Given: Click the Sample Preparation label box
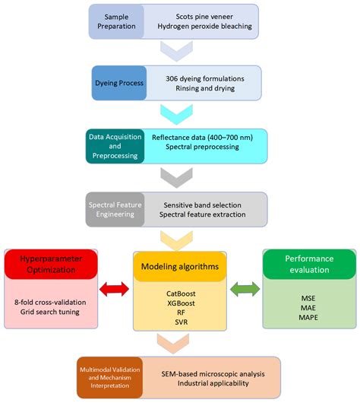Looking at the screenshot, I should (115, 21).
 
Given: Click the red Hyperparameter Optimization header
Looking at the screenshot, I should (50, 266).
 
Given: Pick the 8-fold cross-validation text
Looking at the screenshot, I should (51, 301).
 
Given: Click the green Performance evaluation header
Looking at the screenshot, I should (308, 264).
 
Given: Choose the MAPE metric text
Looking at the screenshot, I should (308, 316).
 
